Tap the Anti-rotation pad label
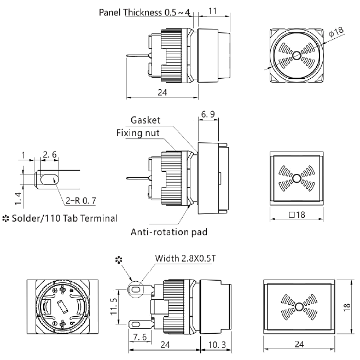click(x=169, y=232)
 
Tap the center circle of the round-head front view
click(x=296, y=55)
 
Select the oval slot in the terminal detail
click(x=49, y=179)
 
